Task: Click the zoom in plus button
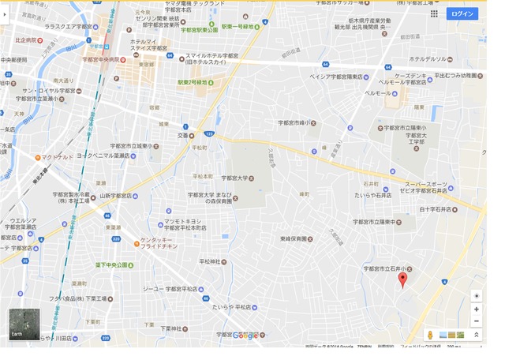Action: point(477,309)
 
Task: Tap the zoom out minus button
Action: point(477,321)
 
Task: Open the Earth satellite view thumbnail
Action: point(22,324)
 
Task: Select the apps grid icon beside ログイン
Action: point(434,13)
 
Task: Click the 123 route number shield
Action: point(208,135)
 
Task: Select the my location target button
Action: point(477,295)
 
